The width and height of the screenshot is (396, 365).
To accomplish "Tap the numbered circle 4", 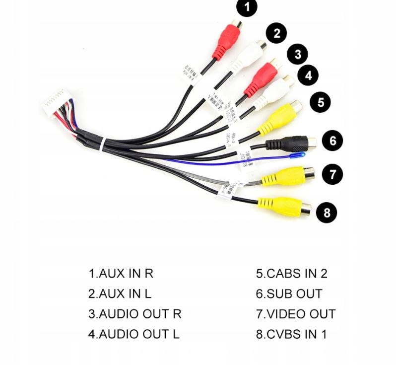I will coord(309,75).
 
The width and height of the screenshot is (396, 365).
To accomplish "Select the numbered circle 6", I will coord(332,141).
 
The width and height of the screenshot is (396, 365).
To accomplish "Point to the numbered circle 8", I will coord(327,213).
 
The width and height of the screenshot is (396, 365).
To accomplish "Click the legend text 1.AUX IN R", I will coord(121,273).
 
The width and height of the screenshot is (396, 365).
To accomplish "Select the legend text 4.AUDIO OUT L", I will coord(134,334).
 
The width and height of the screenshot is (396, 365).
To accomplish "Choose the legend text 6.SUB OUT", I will coord(289,293).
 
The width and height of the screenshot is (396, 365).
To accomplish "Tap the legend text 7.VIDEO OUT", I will coord(296,314).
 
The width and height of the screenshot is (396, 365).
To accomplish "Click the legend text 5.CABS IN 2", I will coord(292,273).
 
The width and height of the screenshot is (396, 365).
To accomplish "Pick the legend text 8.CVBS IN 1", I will coord(291,334).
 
